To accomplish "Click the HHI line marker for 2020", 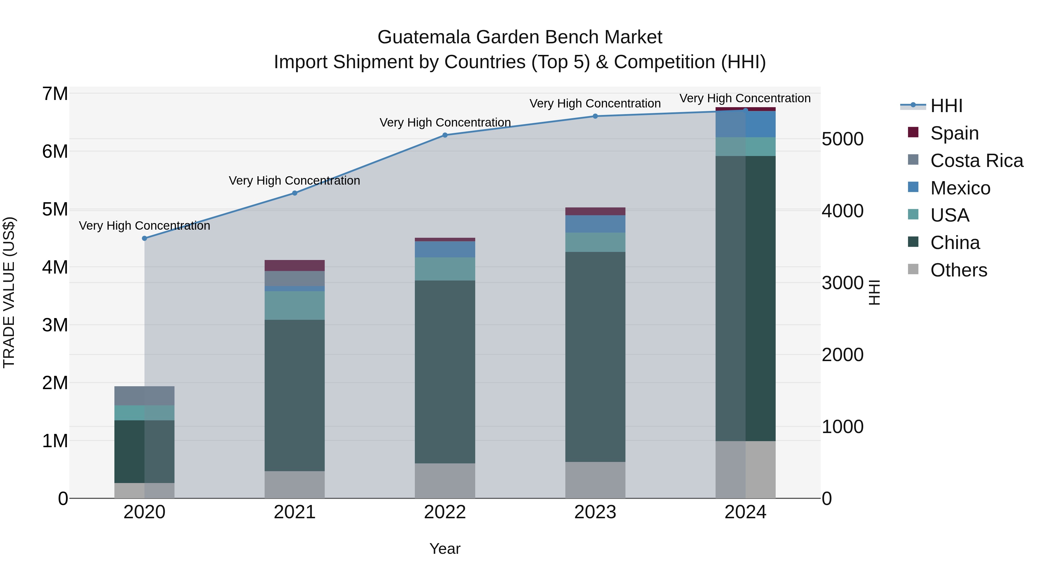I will [144, 238].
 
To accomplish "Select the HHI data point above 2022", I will [445, 135].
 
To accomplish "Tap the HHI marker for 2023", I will [595, 116].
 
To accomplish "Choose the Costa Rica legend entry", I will [976, 161].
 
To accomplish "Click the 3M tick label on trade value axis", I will [55, 325].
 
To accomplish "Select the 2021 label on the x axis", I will [295, 512].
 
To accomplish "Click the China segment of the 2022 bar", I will [445, 372].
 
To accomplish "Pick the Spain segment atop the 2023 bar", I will [595, 211].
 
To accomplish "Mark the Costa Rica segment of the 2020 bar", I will [144, 396].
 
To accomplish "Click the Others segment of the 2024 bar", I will [745, 469].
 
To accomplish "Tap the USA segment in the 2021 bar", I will [295, 306].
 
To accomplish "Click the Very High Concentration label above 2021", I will [294, 181].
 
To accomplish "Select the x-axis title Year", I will [445, 549].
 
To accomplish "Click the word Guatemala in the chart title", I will [424, 37].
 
